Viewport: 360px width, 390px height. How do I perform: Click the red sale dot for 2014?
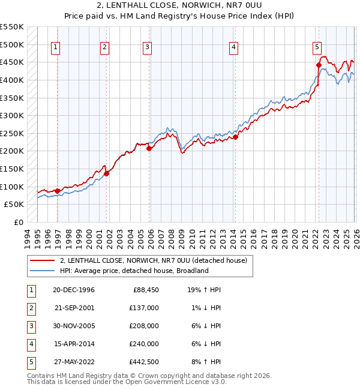236,137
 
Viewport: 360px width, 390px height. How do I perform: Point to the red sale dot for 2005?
149,148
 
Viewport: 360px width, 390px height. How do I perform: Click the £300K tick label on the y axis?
11,115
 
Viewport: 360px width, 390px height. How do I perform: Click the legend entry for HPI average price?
133,271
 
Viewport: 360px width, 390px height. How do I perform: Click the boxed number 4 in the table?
31,344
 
